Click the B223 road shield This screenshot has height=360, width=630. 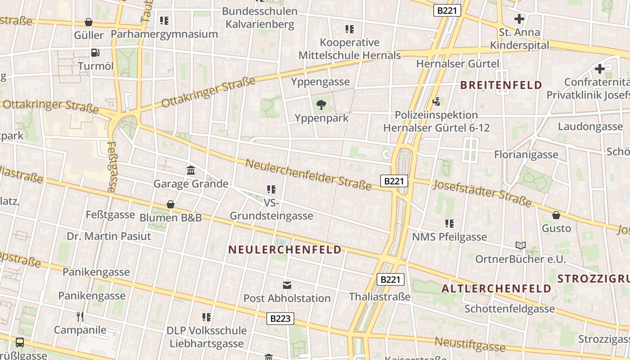tap(280, 319)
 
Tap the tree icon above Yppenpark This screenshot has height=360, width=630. tap(321, 105)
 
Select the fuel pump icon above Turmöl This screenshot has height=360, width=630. tap(95, 53)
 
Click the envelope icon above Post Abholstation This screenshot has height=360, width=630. tap(287, 285)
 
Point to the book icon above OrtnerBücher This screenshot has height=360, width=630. tap(521, 246)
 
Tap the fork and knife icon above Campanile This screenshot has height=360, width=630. tap(80, 316)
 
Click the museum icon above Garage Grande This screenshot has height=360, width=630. tap(191, 171)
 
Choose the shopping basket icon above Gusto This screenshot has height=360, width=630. tap(556, 215)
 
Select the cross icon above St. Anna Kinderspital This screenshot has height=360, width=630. tap(519, 19)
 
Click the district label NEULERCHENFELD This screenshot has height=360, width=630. tap(285, 250)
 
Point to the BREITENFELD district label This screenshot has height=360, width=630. tap(501, 85)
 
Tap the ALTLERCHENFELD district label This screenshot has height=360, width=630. tap(496, 288)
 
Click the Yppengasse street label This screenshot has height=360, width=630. tap(320, 81)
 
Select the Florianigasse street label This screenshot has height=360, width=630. tap(526, 154)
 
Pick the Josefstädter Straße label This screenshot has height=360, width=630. tap(482, 192)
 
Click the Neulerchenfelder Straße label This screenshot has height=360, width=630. tap(308, 174)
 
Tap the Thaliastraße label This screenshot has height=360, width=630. tap(380, 297)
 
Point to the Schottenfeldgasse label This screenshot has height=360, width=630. tap(509, 309)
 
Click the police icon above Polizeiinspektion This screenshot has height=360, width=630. tap(436, 102)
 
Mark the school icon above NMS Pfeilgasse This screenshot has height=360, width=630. tap(449, 224)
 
